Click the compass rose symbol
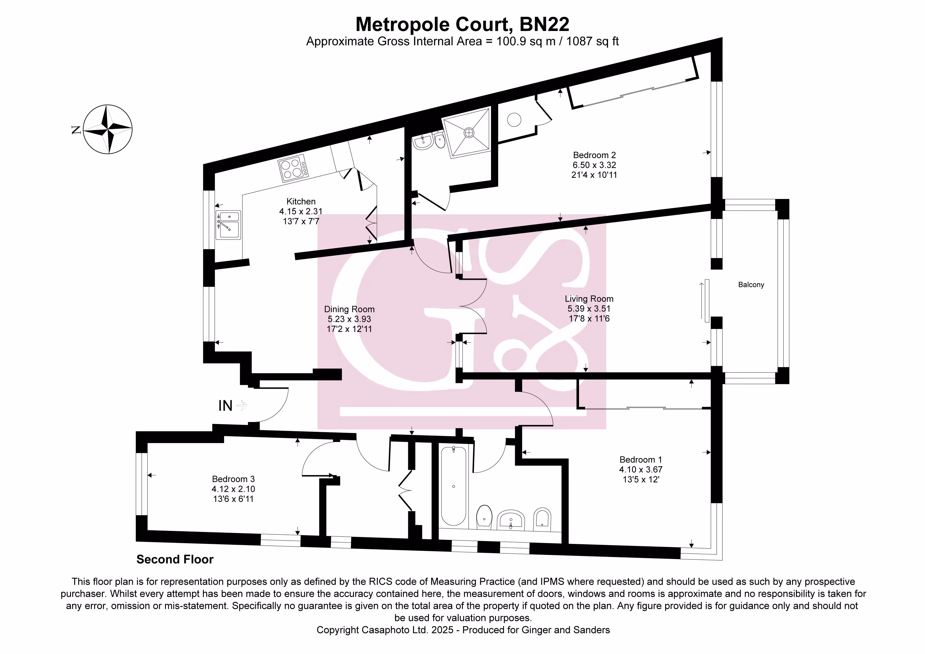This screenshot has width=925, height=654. tap(108, 129)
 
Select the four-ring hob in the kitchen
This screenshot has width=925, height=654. tap(291, 169)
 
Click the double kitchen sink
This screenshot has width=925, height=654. tap(228, 225)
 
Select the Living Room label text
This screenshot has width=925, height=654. tap(589, 299)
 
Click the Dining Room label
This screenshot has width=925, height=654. tap(349, 309)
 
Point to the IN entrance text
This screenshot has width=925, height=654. tap(225, 406)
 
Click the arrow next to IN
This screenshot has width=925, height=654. tap(242, 405)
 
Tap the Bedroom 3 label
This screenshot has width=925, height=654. tap(233, 479)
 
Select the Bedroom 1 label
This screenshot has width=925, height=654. tap(641, 460)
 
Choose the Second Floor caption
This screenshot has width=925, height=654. tap(175, 559)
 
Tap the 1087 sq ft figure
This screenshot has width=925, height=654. tap(592, 41)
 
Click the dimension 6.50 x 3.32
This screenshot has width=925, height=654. tap(594, 165)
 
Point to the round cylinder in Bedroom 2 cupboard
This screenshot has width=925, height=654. tap(514, 120)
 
